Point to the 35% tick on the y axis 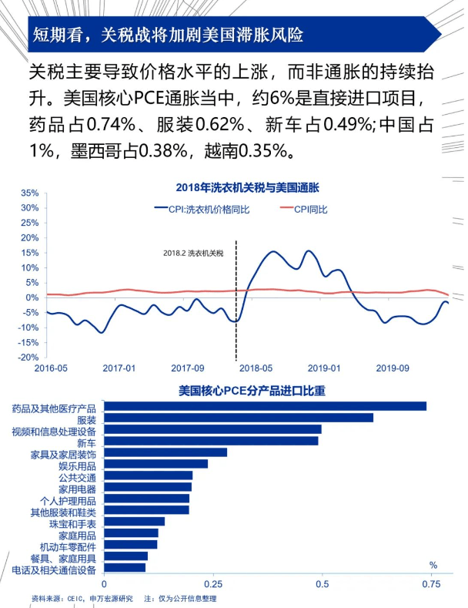[x=28, y=193]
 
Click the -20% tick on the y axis [x=28, y=358]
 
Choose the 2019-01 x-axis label [x=325, y=368]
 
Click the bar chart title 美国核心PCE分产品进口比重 [x=251, y=391]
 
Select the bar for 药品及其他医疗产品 [x=265, y=406]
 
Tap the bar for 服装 [x=238, y=418]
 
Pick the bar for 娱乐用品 [x=155, y=464]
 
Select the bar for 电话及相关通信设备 [x=125, y=568]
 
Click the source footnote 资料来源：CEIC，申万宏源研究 [x=82, y=598]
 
